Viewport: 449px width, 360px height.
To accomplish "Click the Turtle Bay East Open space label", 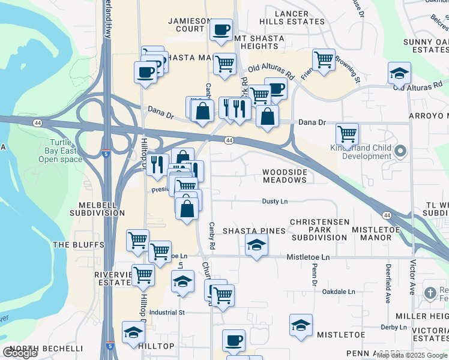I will pos(60,151).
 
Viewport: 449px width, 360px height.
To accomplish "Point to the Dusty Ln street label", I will pos(274,202).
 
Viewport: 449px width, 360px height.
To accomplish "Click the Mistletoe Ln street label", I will pos(309,257).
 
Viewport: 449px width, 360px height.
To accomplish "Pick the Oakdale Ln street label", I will pos(339,292).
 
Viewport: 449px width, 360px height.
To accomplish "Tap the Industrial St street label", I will pos(166,313).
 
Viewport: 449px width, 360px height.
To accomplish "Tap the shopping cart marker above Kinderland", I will pos(347,133).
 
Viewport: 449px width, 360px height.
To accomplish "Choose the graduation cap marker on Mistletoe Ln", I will pos(256,244).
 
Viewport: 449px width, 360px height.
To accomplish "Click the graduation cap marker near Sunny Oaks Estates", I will pos(399,73).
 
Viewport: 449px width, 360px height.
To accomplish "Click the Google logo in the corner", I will pos(20,353).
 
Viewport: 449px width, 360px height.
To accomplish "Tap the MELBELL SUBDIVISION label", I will pos(97,209).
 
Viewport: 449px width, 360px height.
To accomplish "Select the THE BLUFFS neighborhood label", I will pos(79,245).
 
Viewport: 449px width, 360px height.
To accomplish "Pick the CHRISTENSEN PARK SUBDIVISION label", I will pos(319,230).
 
